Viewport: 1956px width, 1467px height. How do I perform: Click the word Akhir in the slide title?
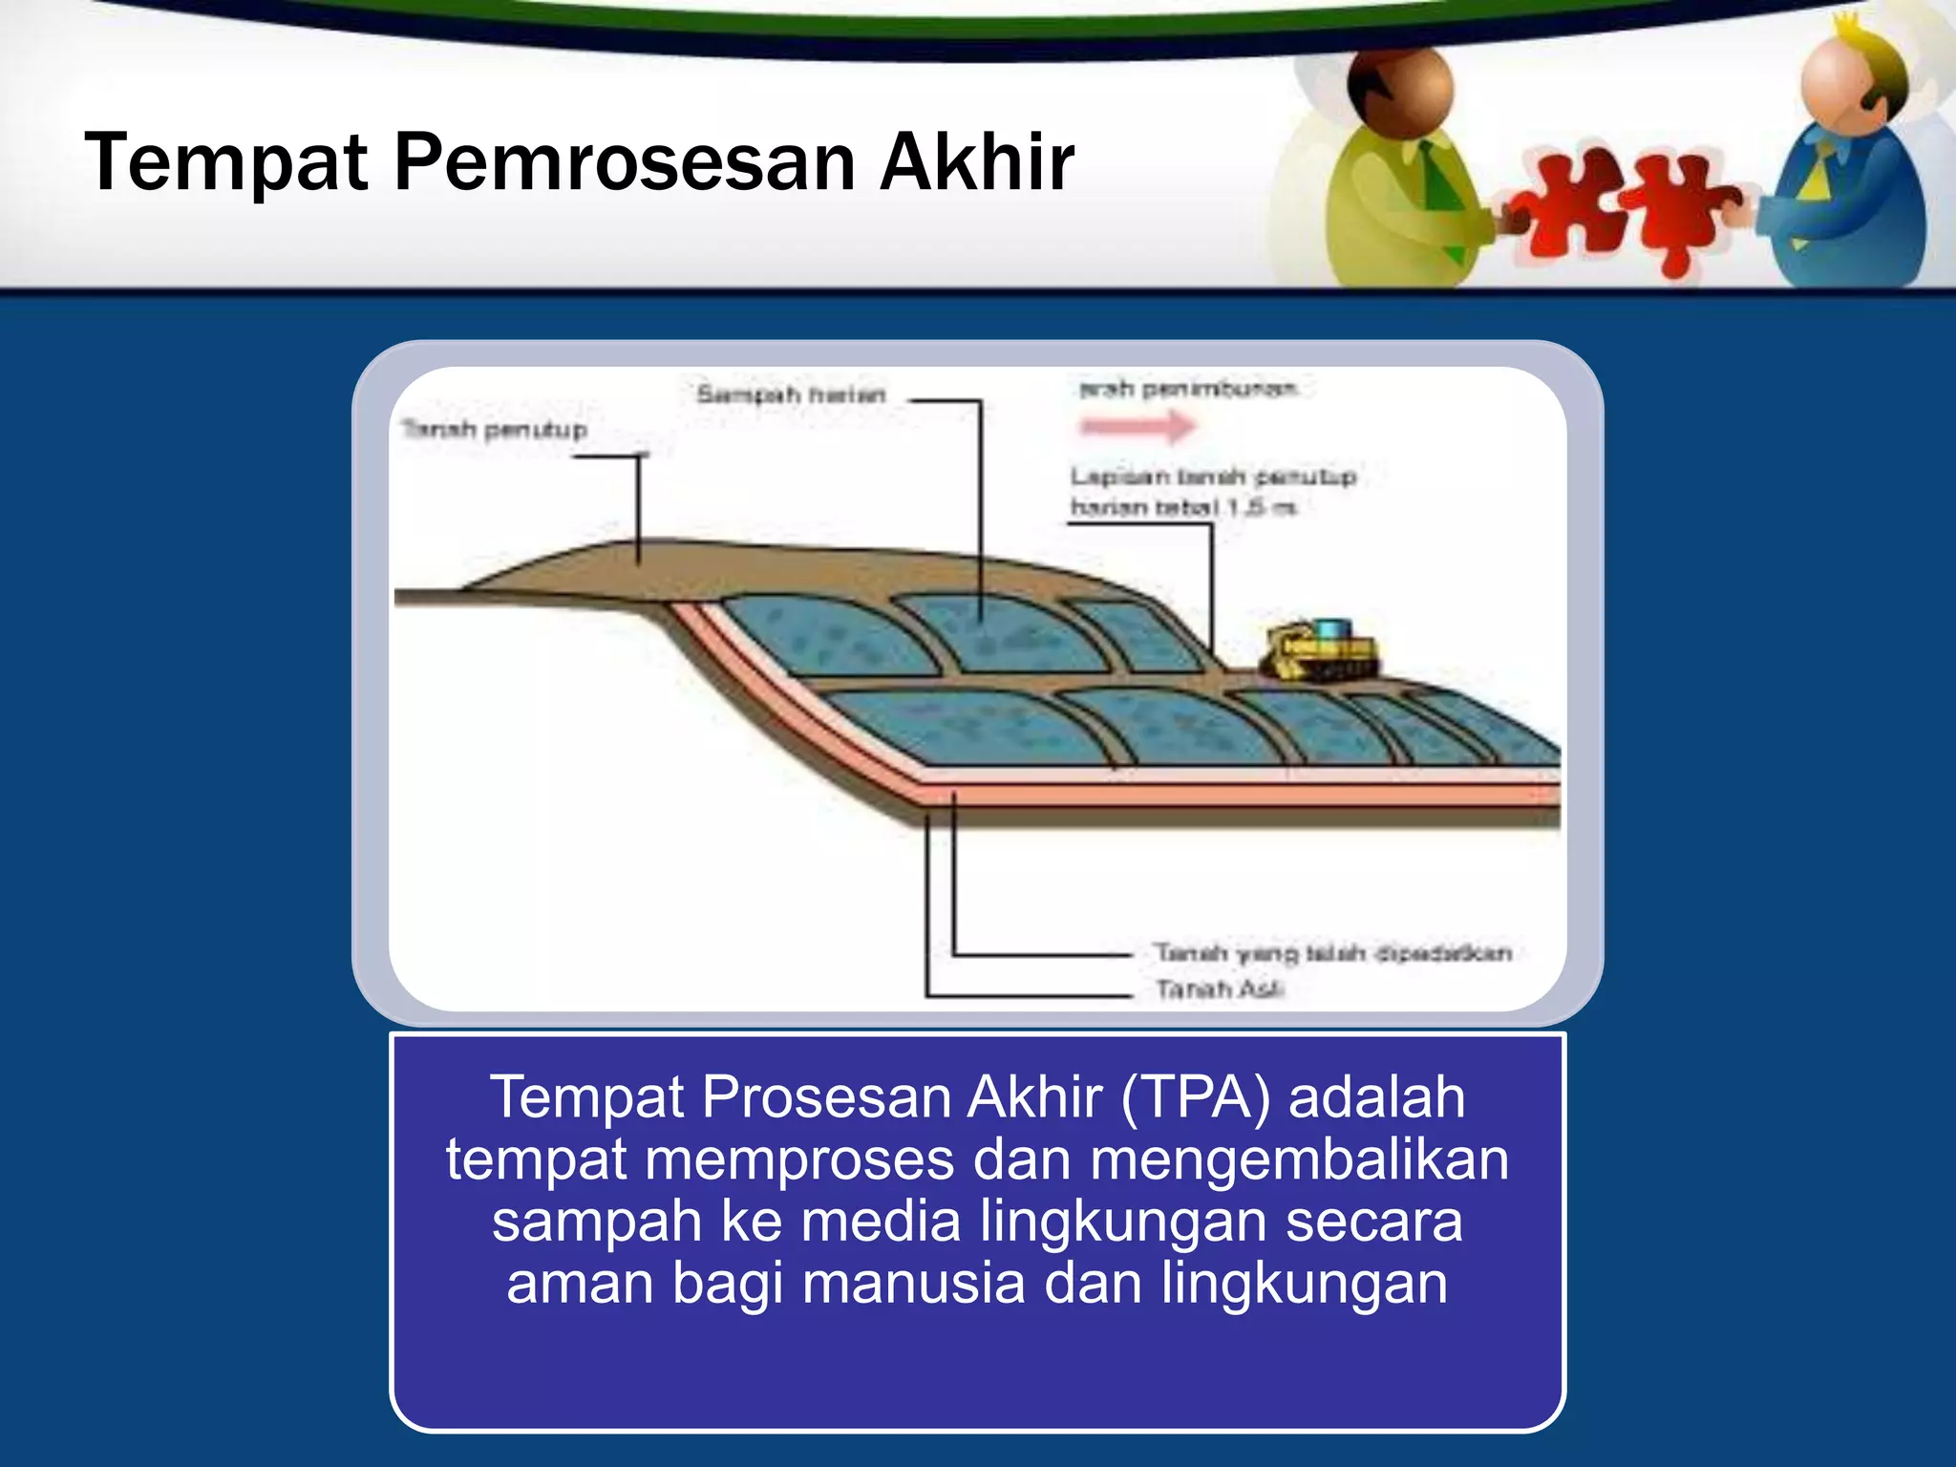977,162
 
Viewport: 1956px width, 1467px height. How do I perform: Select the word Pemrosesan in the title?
625,162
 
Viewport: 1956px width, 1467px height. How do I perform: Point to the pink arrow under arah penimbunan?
1137,426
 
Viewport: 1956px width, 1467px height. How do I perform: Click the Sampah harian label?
791,394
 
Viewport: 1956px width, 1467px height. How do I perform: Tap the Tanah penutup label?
494,430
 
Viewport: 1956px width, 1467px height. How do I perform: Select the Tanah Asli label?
1219,989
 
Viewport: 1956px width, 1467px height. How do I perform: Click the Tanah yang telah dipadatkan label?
1332,953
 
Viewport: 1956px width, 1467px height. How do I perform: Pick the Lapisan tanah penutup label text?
1212,477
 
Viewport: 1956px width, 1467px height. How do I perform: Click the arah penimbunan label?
1188,389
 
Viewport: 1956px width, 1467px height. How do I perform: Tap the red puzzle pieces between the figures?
1624,210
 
